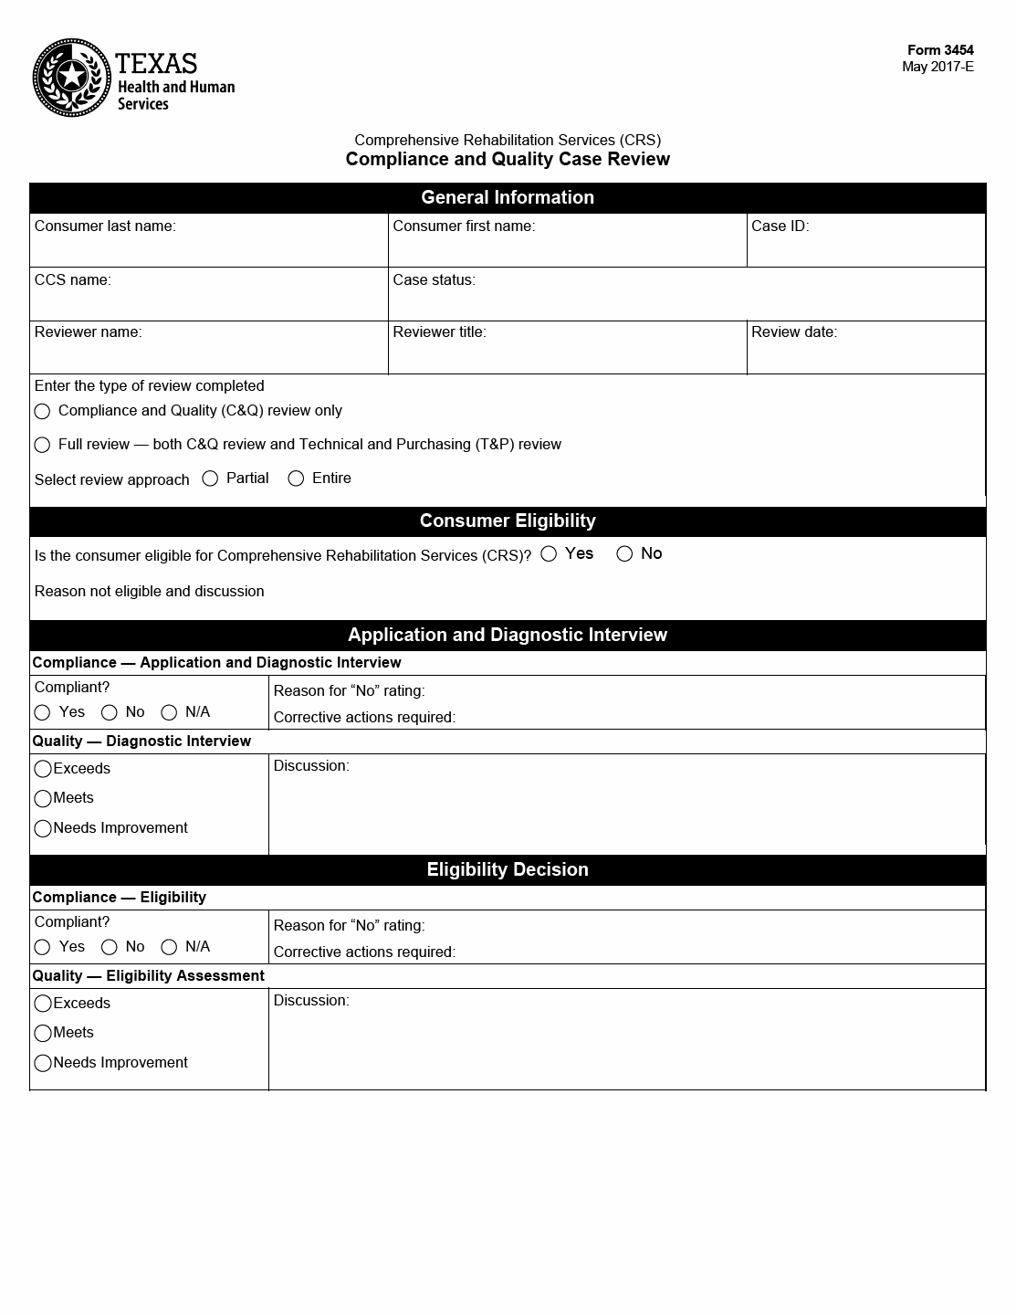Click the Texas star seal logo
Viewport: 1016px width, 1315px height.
73,78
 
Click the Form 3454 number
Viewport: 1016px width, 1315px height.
940,50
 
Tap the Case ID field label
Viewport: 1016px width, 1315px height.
780,226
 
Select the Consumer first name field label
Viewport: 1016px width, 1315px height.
464,226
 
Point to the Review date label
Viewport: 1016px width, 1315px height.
793,332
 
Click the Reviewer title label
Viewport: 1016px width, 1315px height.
439,332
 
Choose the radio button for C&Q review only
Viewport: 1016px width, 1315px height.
42,412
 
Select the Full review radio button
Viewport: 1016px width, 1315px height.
42,445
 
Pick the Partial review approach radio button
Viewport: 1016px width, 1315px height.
210,479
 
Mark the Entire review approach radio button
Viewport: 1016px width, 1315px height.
296,479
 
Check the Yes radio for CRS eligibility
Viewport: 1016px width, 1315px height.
549,553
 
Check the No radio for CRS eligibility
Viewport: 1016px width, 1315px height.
624,553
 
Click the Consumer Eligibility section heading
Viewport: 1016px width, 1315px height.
508,521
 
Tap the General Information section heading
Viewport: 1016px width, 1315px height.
508,198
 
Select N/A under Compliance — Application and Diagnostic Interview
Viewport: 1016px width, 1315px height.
169,712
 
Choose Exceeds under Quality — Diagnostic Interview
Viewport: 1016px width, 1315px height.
43,769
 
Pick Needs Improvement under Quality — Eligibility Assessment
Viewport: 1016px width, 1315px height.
43,1063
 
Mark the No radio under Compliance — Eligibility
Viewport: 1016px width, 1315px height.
110,947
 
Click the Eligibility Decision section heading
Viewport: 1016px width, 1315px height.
508,870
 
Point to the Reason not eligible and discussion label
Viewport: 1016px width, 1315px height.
150,592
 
